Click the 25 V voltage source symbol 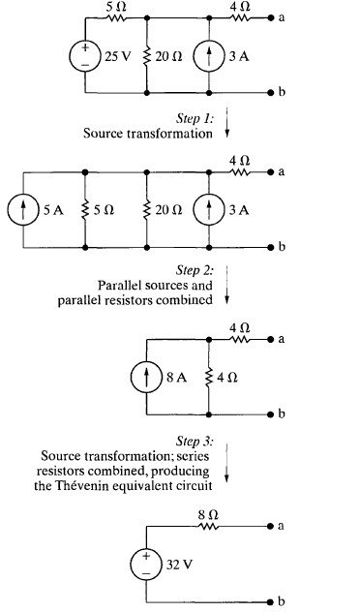(85, 56)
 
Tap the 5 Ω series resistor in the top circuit (115, 18)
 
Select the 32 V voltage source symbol (146, 565)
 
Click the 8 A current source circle (146, 377)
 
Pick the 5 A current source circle (23, 210)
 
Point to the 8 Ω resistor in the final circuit (208, 526)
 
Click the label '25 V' (117, 56)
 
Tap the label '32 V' (179, 565)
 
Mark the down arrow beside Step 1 (227, 122)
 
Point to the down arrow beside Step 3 (227, 463)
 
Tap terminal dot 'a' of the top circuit (271, 18)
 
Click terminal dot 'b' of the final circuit (271, 602)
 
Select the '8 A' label (177, 378)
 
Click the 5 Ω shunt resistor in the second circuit (85, 210)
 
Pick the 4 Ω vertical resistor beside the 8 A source (209, 377)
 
